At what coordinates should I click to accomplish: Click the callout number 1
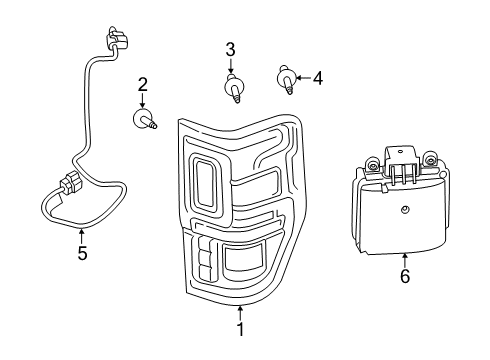240,328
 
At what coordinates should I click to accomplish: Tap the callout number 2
142,84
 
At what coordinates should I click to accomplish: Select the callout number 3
230,49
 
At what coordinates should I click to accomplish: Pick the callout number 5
82,253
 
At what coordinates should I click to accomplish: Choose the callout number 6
405,276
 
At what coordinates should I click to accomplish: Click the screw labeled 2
144,121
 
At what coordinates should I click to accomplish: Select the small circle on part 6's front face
405,208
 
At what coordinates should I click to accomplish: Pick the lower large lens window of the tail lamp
246,261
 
